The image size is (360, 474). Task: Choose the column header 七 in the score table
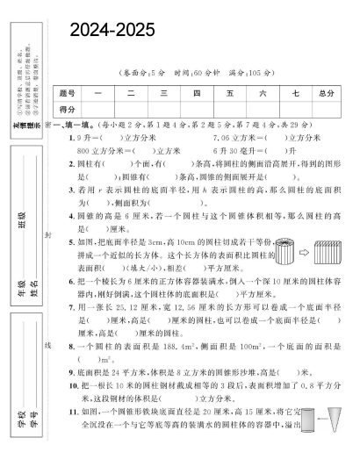click(294, 92)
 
